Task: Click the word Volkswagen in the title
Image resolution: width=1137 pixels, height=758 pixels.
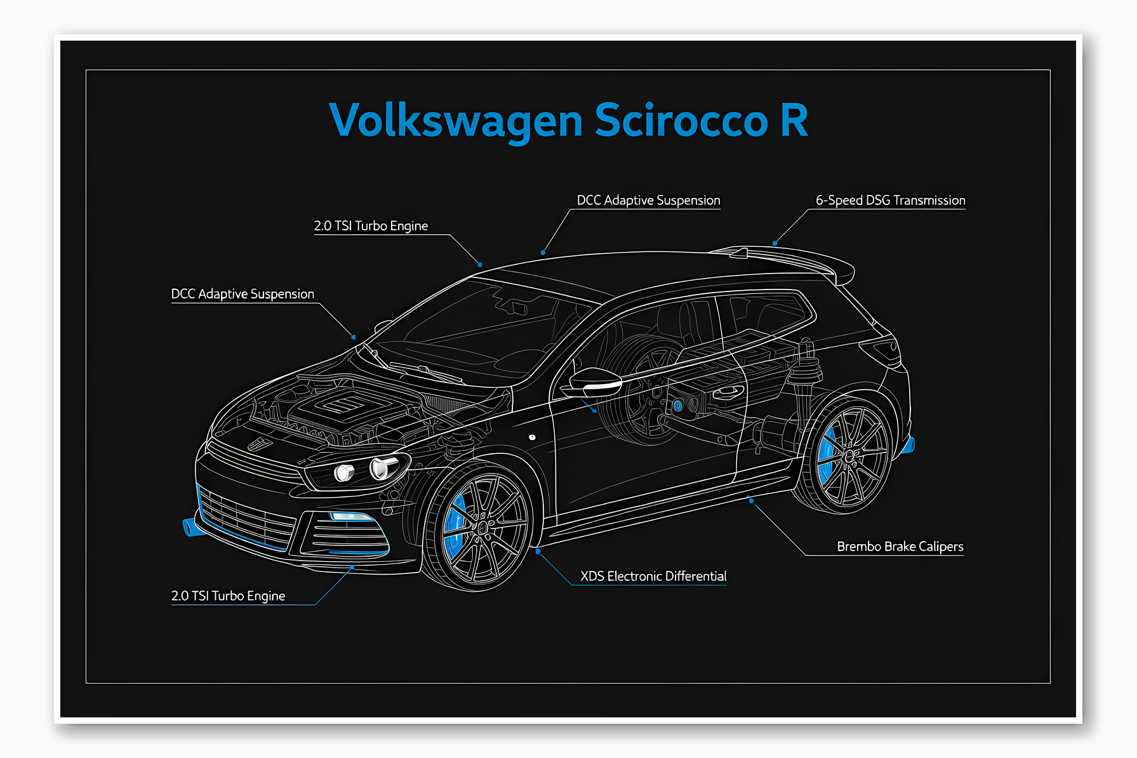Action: pos(456,121)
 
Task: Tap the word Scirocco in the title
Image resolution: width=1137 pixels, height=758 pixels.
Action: pos(681,121)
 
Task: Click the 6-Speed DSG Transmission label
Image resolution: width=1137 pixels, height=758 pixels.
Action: pos(890,201)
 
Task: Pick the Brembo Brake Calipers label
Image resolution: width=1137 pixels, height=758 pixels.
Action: pos(900,547)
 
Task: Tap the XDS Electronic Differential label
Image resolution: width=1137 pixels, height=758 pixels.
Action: pos(653,576)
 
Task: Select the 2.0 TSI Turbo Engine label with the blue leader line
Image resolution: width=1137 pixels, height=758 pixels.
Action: pos(228,596)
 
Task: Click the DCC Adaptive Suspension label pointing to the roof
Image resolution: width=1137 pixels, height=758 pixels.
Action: pos(648,201)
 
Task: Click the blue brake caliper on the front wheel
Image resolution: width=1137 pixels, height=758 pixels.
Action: pos(455,527)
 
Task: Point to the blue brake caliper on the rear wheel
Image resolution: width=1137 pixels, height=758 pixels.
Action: pos(826,455)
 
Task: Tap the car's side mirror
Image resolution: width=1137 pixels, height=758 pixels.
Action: pos(594,381)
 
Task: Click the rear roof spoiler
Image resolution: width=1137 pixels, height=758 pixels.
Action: pos(787,257)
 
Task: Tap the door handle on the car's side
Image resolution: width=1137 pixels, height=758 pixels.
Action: pos(728,392)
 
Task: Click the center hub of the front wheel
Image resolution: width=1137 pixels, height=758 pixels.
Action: pos(482,527)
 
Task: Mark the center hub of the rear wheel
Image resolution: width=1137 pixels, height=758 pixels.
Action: pos(849,455)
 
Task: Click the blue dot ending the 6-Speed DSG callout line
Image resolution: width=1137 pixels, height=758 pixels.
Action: pos(775,243)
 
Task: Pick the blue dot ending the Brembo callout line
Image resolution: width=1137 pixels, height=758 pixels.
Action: pos(752,501)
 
